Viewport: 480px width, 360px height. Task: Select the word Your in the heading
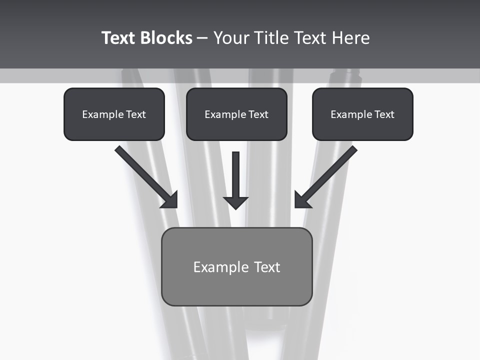click(231, 38)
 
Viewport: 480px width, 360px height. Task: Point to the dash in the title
click(202, 38)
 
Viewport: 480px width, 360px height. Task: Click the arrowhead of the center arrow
click(236, 202)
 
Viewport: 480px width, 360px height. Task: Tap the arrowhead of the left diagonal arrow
click(171, 200)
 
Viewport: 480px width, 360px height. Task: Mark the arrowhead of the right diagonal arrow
click(301, 199)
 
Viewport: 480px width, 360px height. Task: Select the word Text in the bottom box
click(267, 267)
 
